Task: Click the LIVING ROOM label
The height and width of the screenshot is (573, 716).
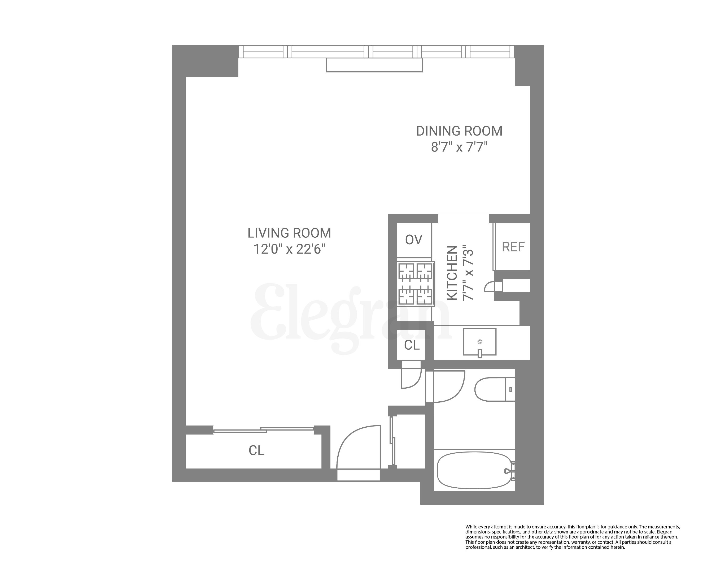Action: coord(289,233)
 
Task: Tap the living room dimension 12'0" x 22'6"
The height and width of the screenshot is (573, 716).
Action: coord(289,249)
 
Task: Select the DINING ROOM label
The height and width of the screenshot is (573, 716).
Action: coord(459,131)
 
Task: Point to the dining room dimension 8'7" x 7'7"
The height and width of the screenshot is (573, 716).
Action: coord(459,147)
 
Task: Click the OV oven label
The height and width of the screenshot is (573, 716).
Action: coord(413,240)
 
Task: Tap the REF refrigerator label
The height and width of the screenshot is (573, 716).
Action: coord(513,247)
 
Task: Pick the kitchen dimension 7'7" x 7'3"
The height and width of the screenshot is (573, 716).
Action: coord(468,273)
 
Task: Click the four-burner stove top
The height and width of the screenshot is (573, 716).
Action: coord(416,284)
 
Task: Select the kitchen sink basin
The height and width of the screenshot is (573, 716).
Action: coord(479,341)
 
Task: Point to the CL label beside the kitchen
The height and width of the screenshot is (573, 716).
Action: coord(412,345)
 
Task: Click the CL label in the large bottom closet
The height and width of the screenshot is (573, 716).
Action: coord(256,450)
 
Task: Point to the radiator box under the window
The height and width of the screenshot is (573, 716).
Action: coord(374,65)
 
